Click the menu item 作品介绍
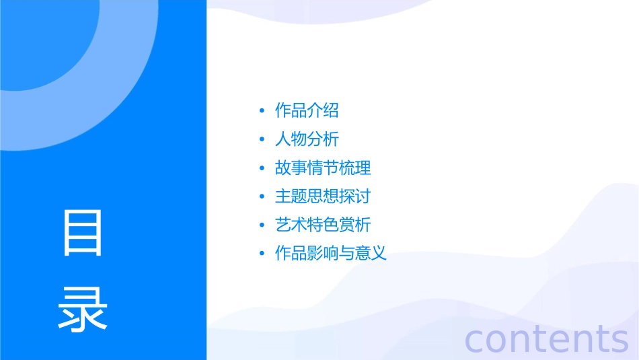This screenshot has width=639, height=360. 307,110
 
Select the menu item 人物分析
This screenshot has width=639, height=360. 307,139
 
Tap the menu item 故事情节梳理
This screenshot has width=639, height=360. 323,168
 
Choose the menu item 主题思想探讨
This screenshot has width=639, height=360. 323,196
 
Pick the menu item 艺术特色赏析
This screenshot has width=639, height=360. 323,225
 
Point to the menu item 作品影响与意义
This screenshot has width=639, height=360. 331,254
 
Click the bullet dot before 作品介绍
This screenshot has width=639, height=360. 262,111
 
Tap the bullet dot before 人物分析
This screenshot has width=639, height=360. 262,140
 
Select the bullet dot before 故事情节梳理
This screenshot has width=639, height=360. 262,168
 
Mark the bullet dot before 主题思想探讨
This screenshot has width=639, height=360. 262,197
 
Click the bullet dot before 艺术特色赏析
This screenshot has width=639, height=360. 262,225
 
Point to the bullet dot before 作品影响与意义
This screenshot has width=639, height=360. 262,254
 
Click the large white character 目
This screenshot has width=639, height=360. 83,233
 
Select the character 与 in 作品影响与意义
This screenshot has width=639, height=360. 347,254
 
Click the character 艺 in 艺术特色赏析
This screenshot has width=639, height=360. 283,225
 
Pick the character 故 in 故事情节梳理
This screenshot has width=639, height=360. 283,168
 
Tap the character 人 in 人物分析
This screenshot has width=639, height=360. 283,139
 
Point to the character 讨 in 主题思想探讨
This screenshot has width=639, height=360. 363,196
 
